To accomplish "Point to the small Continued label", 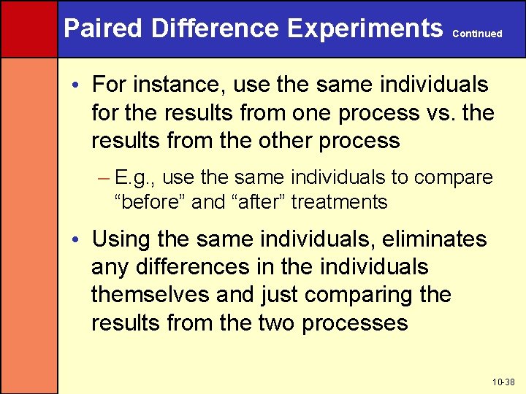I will tap(478, 34).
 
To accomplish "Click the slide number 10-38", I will tap(504, 382).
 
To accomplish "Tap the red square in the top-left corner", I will tap(28, 28).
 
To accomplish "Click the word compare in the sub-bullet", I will tap(454, 177).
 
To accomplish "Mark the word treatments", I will tap(339, 201).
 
